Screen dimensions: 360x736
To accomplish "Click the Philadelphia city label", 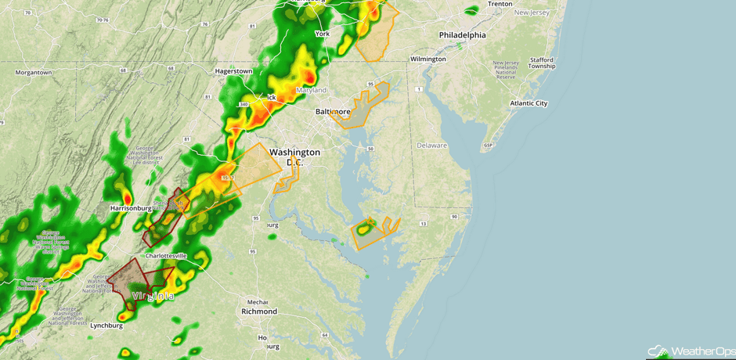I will click(x=462, y=35).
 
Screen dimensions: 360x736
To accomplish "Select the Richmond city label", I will click(x=259, y=311).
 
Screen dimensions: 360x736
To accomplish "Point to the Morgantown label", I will click(x=33, y=73).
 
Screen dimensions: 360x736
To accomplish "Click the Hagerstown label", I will click(x=233, y=71).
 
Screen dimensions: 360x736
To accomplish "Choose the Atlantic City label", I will click(x=529, y=103).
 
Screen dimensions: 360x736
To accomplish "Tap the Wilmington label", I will click(x=428, y=59).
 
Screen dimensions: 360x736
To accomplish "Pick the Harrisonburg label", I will click(x=131, y=209).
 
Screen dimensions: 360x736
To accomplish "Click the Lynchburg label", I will click(x=106, y=326).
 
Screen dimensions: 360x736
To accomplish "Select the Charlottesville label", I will click(x=165, y=256).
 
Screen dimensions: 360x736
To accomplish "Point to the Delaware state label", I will click(x=431, y=146).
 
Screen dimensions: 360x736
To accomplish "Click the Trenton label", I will click(x=500, y=4).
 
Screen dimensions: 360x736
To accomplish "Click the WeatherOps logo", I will click(x=689, y=351).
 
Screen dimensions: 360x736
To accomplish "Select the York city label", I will click(x=322, y=34).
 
